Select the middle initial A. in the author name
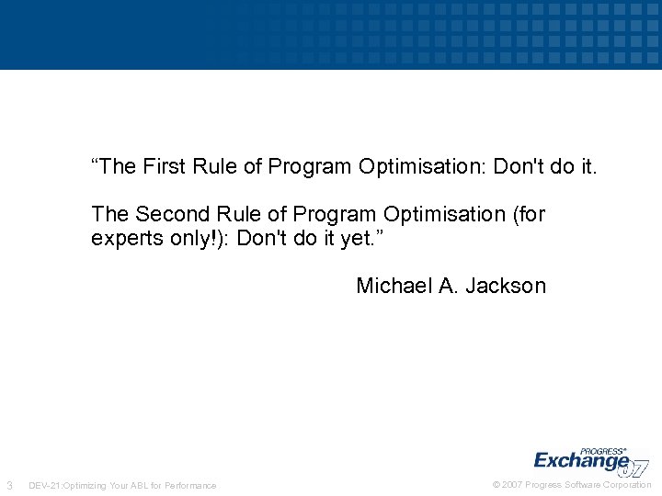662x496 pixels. click(448, 286)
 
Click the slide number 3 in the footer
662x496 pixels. click(9, 485)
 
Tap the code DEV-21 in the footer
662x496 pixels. click(44, 485)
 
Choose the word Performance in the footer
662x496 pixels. click(190, 485)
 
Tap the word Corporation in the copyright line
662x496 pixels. click(628, 484)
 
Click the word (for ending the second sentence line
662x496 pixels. click(529, 214)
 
